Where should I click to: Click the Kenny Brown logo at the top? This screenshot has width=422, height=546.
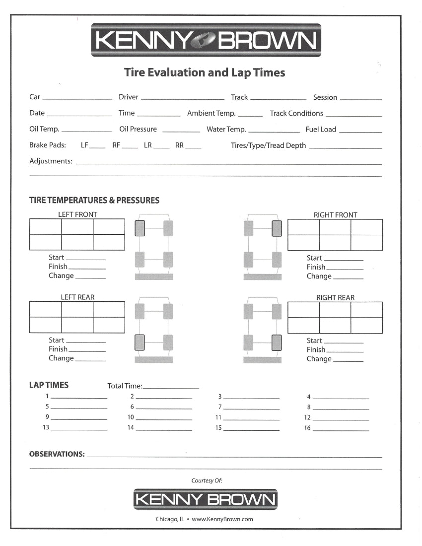click(x=206, y=40)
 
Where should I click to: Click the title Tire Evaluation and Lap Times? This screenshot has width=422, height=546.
click(x=204, y=73)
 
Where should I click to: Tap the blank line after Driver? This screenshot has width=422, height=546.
click(x=182, y=98)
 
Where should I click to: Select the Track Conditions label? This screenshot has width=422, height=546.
click(x=296, y=114)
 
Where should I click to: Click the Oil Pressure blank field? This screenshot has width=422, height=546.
click(x=181, y=131)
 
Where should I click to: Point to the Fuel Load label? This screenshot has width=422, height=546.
click(x=321, y=130)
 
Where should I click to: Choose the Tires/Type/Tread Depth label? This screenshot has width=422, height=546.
click(x=268, y=146)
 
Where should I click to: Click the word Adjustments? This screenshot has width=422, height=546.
click(x=51, y=161)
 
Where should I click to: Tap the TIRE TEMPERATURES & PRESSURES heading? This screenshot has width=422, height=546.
click(x=94, y=201)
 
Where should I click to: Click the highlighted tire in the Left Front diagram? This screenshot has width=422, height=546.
click(x=140, y=228)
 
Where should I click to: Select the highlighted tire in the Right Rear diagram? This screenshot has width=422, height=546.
click(x=277, y=342)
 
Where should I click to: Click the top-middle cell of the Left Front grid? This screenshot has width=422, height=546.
click(x=77, y=227)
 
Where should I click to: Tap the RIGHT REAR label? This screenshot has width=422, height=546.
click(x=335, y=298)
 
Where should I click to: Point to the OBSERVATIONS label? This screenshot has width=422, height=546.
click(x=57, y=454)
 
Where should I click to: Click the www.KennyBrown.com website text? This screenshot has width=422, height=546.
click(x=222, y=519)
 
